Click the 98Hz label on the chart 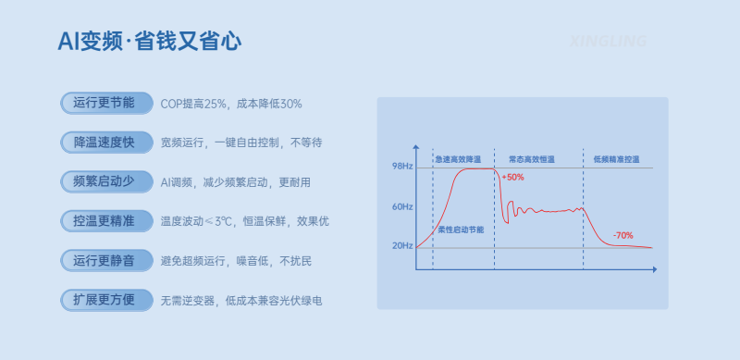(x=402, y=166)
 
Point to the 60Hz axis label (x=402, y=206)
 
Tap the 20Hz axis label (x=402, y=246)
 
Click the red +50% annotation (x=513, y=177)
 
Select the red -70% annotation (x=623, y=235)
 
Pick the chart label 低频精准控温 (x=616, y=159)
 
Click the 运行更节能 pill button (x=105, y=103)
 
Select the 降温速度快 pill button (x=105, y=143)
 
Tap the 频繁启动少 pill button (x=105, y=181)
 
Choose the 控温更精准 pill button (x=105, y=221)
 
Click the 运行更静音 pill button (x=105, y=261)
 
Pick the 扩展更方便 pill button (x=105, y=300)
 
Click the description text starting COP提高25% (x=231, y=104)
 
